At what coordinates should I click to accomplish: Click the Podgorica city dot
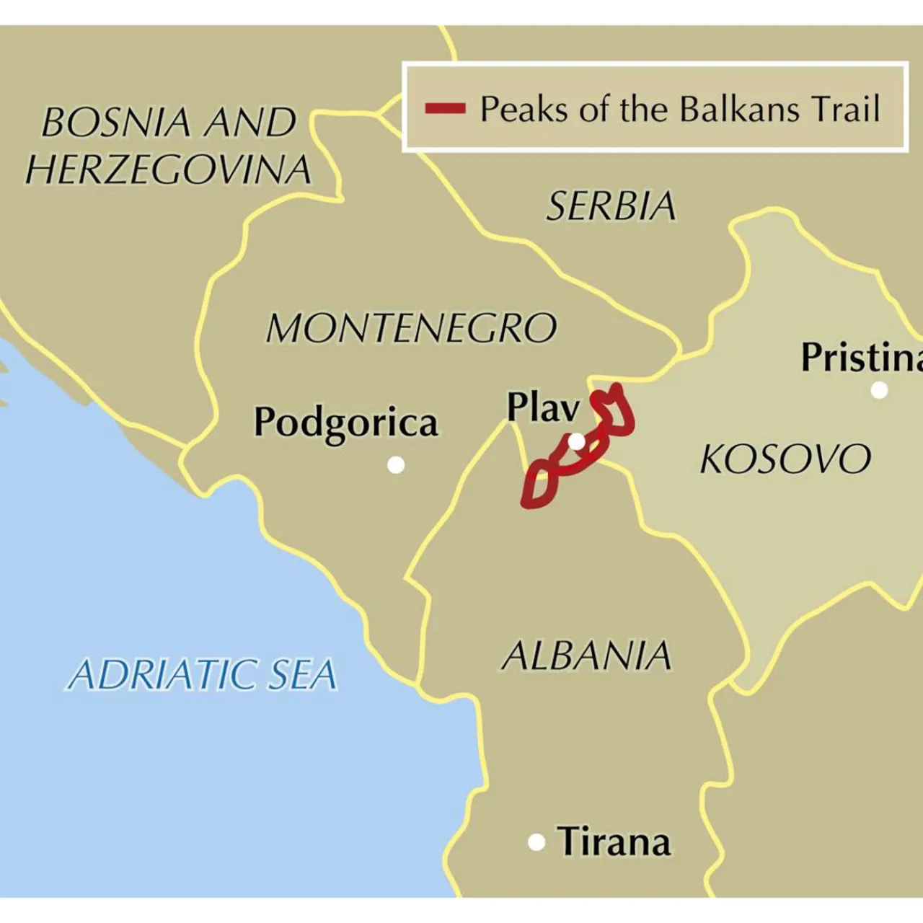[396, 465]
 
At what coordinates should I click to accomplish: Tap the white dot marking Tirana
[536, 842]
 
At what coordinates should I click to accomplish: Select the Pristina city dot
[879, 390]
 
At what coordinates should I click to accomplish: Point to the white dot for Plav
[577, 441]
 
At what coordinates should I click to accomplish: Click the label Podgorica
[345, 423]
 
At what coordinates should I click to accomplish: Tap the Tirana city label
[614, 842]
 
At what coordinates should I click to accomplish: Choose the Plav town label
[543, 407]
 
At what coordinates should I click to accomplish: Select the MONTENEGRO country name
[412, 328]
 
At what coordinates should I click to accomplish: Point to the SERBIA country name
[611, 206]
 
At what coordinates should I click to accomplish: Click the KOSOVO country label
[785, 459]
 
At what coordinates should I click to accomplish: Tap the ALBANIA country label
[586, 656]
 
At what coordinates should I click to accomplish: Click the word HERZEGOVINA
[168, 170]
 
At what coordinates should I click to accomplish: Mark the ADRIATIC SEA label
[203, 675]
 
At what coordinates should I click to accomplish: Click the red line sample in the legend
[445, 109]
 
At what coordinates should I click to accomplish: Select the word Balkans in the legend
[740, 109]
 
